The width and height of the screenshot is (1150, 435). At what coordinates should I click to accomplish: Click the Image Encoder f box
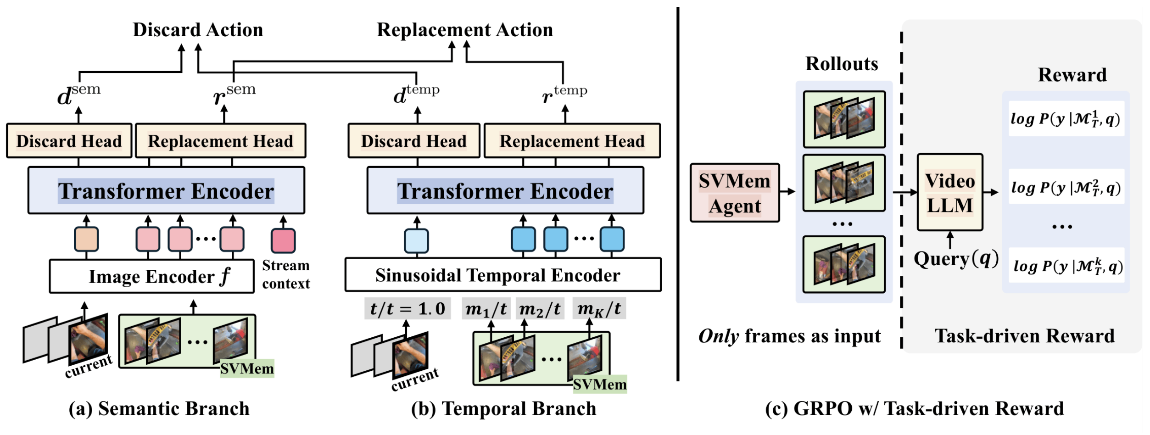[151, 276]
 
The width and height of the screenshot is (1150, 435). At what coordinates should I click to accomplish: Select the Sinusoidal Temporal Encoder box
[503, 275]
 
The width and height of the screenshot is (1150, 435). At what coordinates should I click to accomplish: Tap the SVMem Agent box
[735, 193]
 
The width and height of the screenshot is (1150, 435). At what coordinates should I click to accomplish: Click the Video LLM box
[949, 192]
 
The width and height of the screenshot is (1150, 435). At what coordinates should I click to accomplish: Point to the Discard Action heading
[198, 30]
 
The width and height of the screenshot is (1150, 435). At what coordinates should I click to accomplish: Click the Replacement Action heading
[465, 30]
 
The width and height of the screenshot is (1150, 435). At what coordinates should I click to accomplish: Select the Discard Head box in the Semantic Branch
[69, 141]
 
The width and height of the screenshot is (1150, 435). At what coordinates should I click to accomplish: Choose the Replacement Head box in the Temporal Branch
[572, 141]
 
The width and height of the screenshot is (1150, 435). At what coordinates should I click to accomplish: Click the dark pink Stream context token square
[283, 240]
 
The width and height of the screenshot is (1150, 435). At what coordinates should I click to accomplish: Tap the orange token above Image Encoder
[86, 239]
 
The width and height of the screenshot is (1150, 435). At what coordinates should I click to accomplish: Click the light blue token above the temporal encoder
[416, 241]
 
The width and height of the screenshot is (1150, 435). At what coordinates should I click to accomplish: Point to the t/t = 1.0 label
[408, 309]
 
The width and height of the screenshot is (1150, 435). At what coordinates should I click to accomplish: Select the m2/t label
[540, 309]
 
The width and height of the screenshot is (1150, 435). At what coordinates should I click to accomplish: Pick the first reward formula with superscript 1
[1066, 119]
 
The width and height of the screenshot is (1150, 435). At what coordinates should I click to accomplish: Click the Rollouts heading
[842, 64]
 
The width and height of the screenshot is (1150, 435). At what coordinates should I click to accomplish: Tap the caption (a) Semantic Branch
[159, 409]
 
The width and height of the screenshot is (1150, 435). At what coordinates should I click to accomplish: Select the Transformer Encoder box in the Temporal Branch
[505, 190]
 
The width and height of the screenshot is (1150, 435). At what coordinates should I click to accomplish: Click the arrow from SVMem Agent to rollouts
[787, 192]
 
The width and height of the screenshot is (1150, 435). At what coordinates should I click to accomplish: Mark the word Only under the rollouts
[719, 336]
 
